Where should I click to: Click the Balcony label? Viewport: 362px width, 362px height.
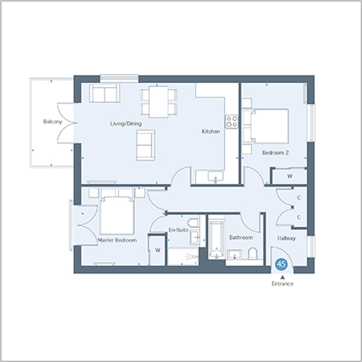[x=53, y=122]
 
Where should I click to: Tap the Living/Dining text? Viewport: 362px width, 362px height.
[x=126, y=124]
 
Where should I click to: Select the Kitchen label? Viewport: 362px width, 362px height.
[x=211, y=132]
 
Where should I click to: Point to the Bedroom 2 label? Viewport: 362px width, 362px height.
[x=276, y=152]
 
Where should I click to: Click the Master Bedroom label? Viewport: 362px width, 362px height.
[x=117, y=240]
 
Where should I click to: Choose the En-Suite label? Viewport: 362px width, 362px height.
[x=178, y=230]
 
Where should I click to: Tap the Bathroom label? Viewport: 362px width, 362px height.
[x=241, y=237]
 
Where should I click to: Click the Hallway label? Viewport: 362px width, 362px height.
[x=287, y=238]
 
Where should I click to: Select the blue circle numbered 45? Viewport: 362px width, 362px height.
[x=281, y=265]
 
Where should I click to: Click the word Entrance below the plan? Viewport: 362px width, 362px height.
[x=283, y=283]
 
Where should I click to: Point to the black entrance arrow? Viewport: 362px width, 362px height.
[x=283, y=277]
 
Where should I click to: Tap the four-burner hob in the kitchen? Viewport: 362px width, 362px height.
[x=232, y=122]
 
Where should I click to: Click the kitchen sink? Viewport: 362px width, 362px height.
[x=216, y=176]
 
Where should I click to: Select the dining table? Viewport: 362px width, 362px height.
[x=159, y=102]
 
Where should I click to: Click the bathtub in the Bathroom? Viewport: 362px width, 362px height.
[x=217, y=240]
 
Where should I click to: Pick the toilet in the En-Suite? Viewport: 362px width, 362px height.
[x=194, y=223]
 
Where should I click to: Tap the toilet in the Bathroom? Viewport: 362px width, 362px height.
[x=252, y=253]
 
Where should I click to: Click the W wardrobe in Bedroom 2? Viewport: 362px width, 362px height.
[x=290, y=176]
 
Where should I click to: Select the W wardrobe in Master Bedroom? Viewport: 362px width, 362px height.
[x=158, y=250]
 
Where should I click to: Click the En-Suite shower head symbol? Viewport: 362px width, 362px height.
[x=192, y=256]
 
